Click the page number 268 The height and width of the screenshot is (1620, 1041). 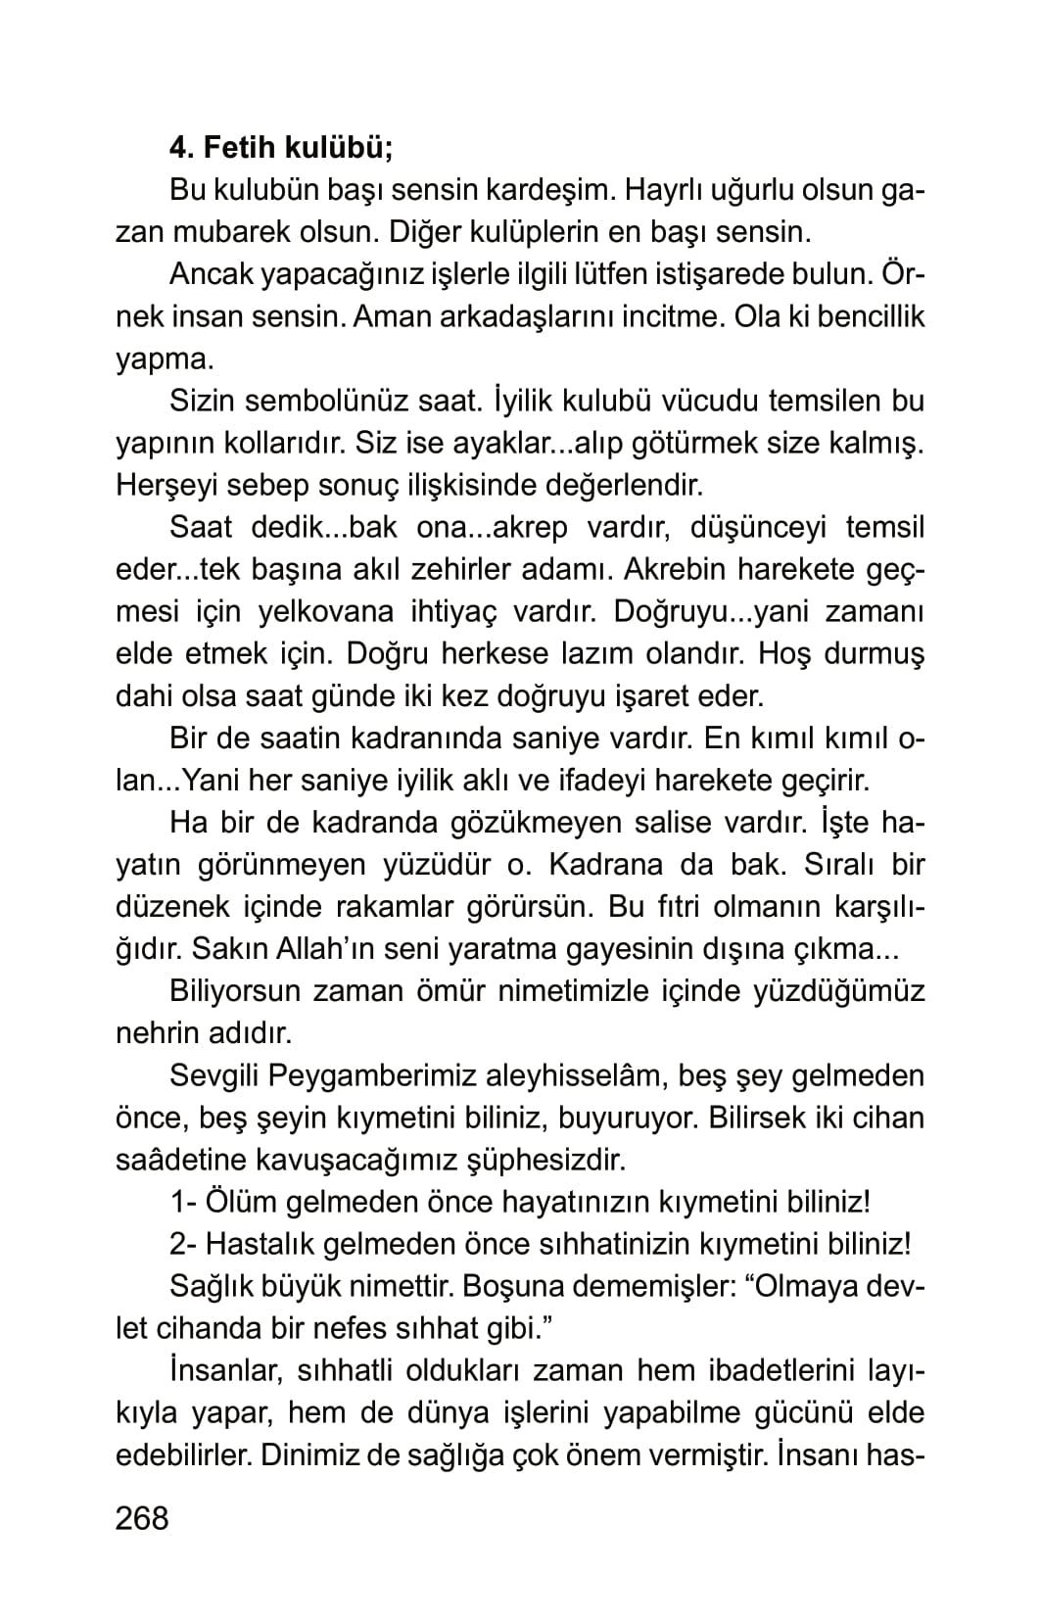[142, 1518]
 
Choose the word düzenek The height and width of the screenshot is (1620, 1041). [168, 906]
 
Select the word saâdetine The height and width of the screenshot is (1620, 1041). [179, 1160]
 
